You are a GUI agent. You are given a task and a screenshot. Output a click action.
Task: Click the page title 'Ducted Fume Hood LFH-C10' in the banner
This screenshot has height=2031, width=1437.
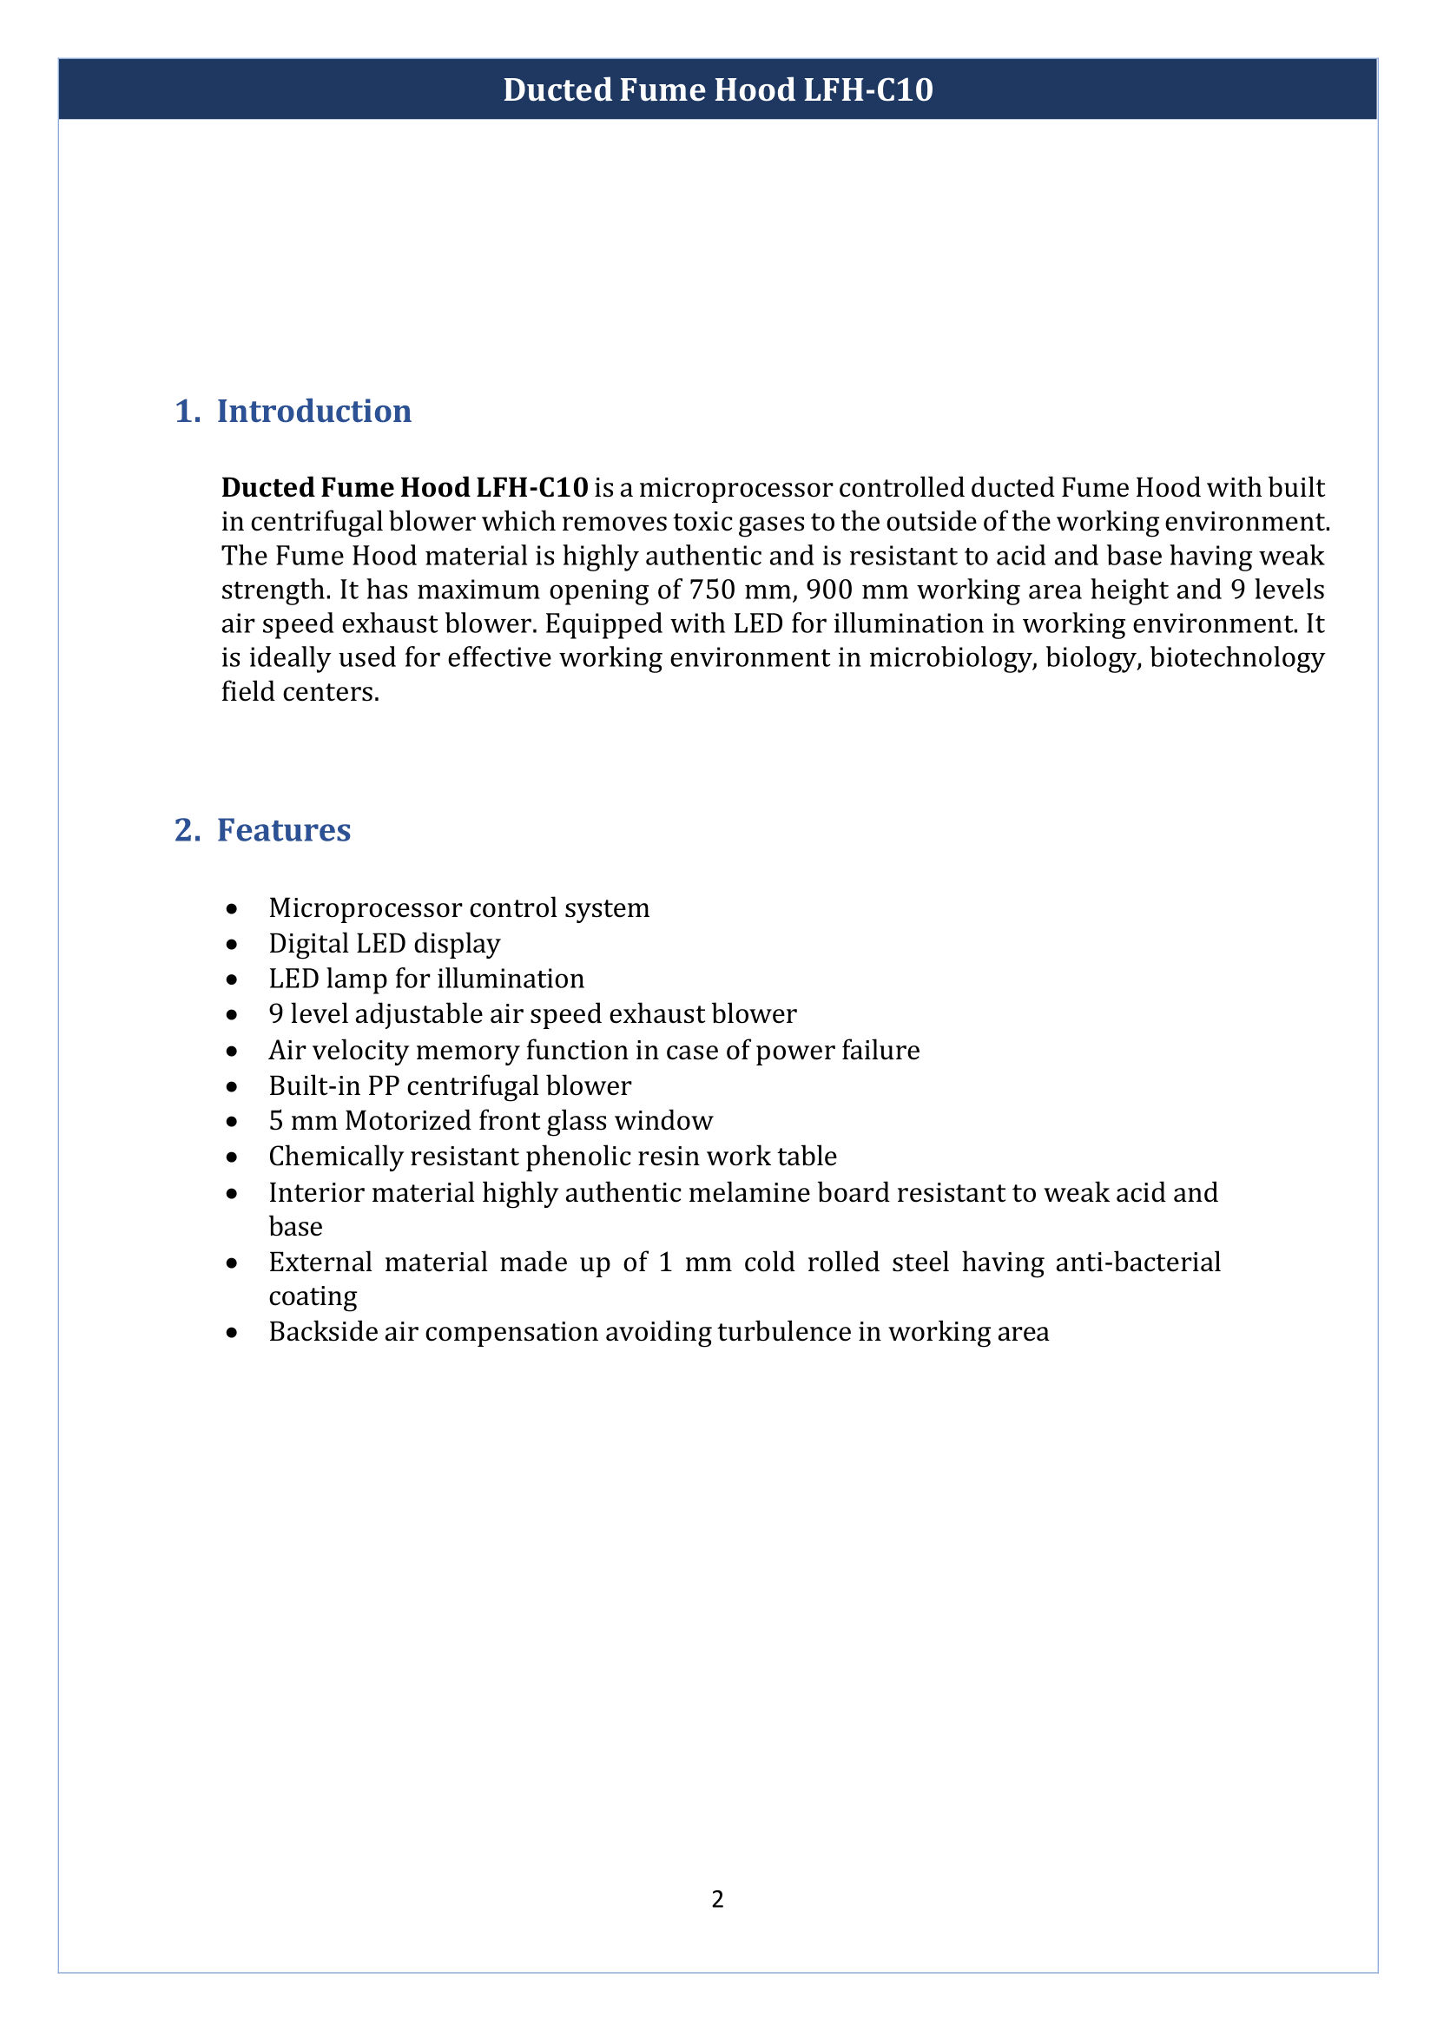point(717,90)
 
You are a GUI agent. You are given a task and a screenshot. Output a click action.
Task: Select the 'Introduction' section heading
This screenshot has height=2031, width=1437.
point(313,412)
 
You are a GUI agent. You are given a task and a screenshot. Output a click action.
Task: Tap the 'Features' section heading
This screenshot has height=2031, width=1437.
point(283,830)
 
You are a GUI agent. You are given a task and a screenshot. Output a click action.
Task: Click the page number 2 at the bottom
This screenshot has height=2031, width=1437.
point(717,1899)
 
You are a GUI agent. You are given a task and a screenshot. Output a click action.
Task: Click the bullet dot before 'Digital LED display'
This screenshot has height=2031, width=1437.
point(232,945)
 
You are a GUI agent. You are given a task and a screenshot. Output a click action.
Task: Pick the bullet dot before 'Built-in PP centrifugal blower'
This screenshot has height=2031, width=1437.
point(232,1087)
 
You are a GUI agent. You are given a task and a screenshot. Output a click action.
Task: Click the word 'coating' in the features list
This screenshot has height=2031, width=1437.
point(313,1296)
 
